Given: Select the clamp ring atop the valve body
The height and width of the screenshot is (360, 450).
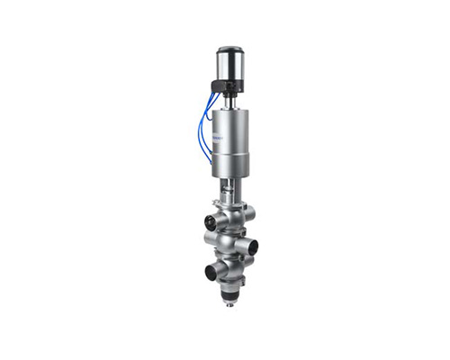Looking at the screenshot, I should click(x=230, y=204).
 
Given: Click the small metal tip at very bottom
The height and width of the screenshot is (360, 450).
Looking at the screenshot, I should click(x=231, y=303).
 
